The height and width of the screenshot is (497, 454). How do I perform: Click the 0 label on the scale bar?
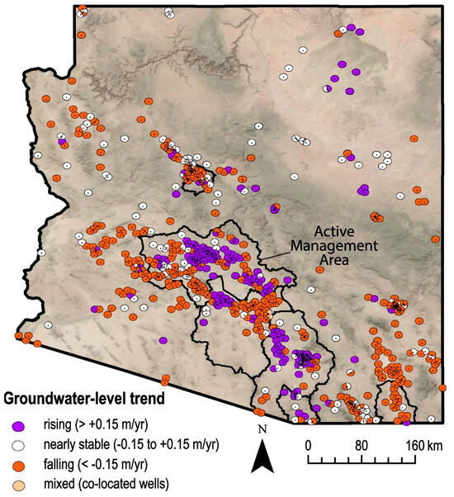(308, 445)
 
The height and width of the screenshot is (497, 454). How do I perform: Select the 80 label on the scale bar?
(361, 445)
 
